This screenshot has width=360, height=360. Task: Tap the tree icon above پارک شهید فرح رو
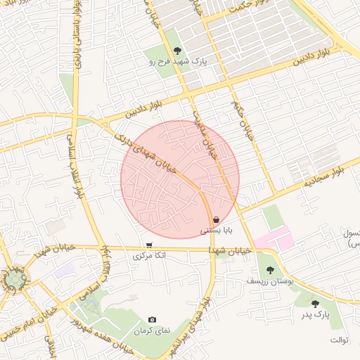177,51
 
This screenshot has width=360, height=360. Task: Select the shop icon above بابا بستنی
216,219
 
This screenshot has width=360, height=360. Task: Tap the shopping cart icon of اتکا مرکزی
149,245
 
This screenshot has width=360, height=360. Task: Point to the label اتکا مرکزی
150,257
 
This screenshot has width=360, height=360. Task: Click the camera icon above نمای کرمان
153,320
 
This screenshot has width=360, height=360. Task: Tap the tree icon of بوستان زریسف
269,269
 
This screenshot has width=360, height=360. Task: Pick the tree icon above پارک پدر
314,303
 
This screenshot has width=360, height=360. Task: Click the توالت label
338,340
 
